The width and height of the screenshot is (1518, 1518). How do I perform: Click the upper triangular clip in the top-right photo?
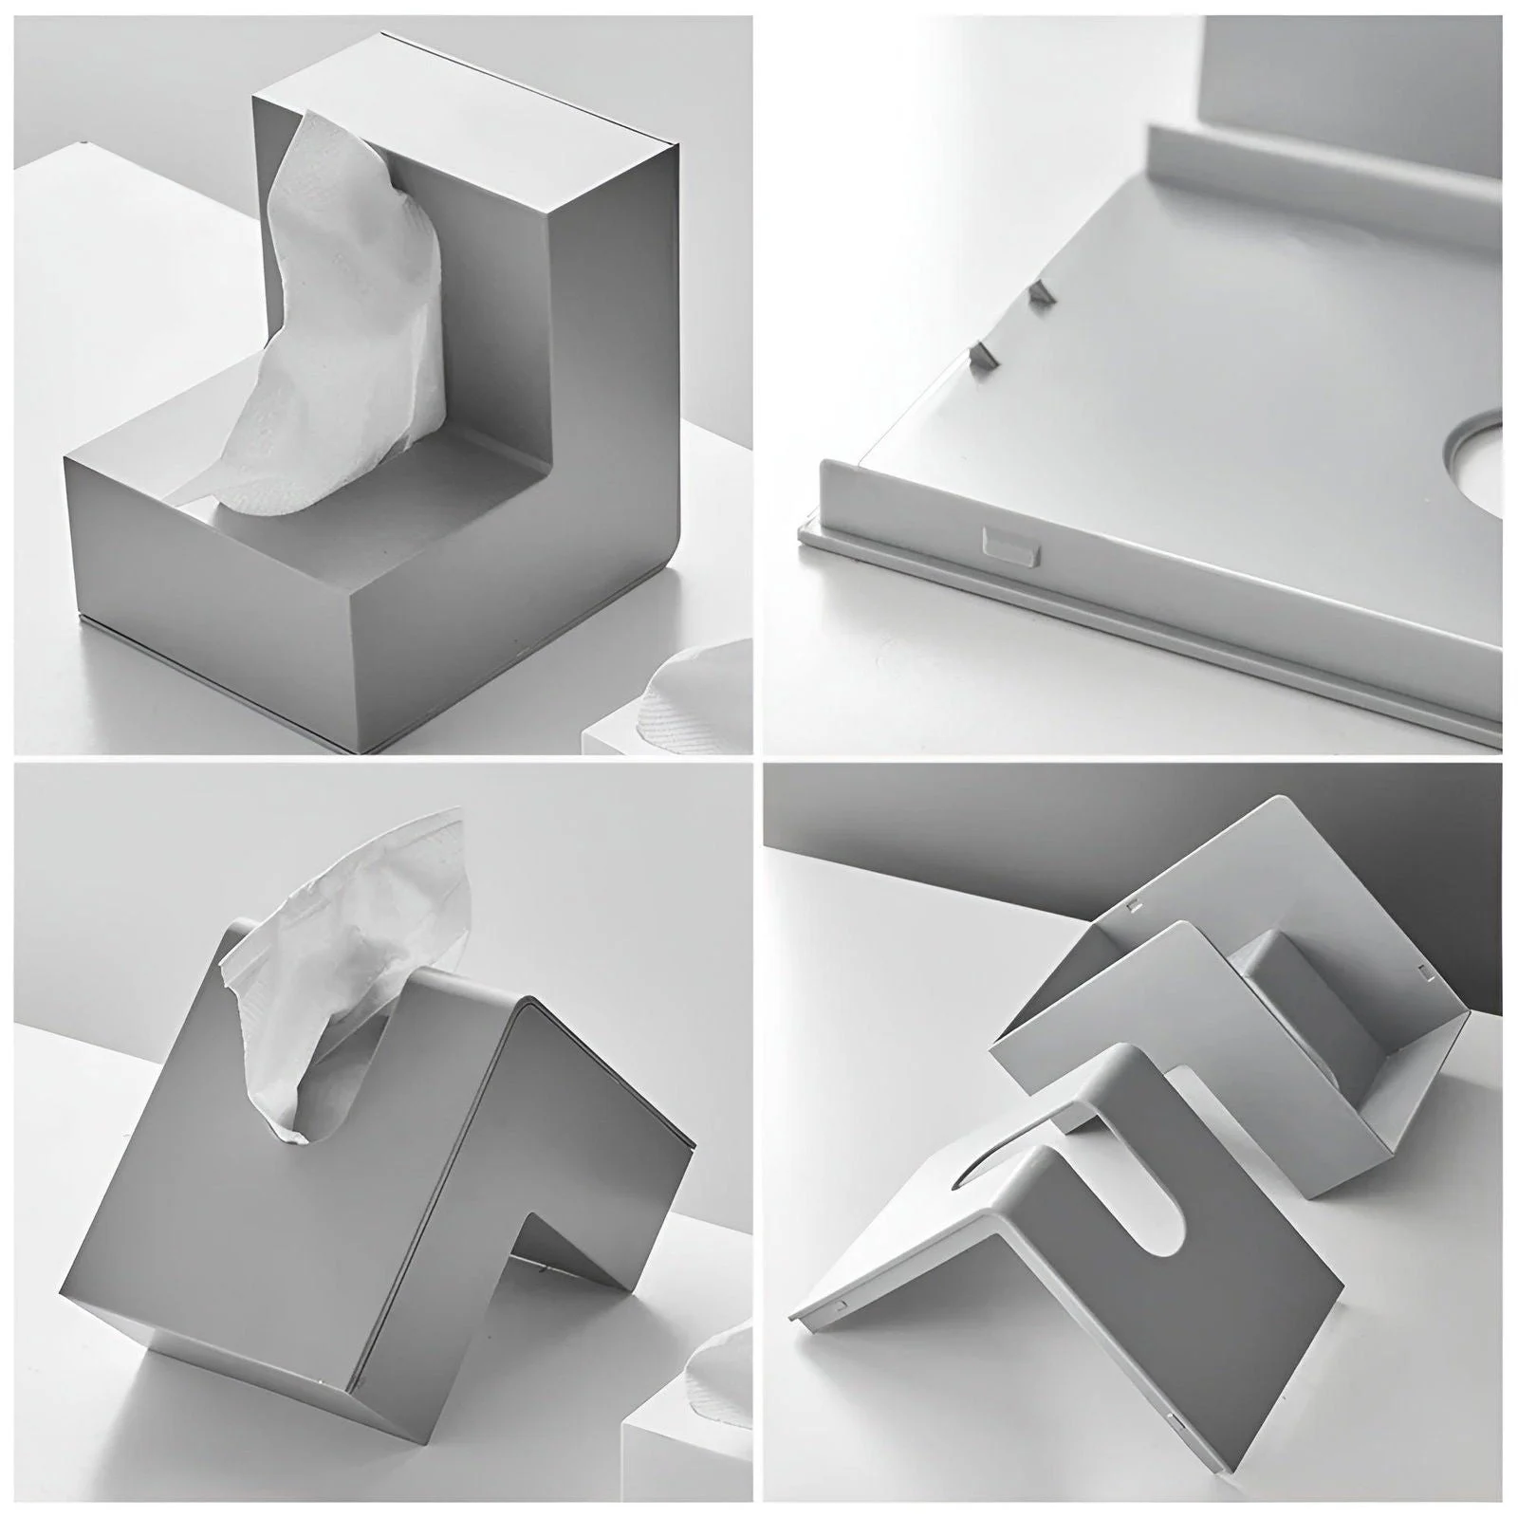[1042, 292]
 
